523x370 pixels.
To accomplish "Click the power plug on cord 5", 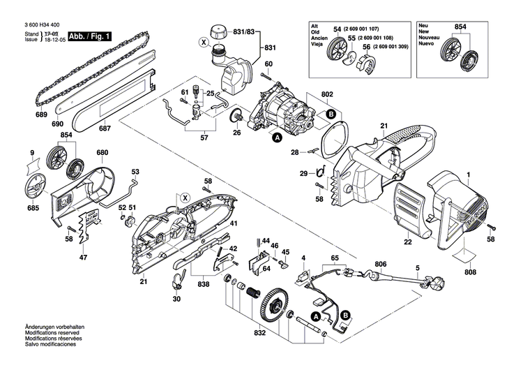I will (441, 285).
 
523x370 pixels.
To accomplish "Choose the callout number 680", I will (103, 153).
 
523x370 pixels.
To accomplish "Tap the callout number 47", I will (83, 258).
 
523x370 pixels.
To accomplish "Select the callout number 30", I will (176, 299).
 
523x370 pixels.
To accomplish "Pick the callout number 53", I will (135, 172).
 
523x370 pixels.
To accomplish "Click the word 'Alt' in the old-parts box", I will (315, 25).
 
